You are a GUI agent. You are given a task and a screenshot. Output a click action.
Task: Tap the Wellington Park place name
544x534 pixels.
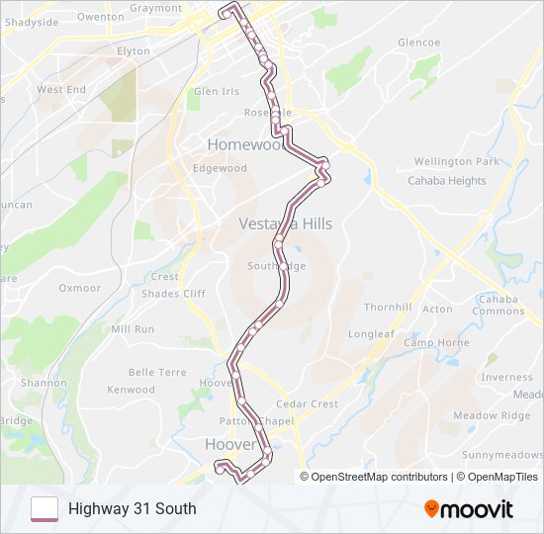click(x=456, y=161)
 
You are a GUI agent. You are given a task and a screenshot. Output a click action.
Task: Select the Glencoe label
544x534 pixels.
click(x=418, y=43)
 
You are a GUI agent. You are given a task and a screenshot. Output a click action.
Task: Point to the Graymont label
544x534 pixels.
click(x=155, y=8)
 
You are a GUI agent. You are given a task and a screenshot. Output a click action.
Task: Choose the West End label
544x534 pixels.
click(x=61, y=89)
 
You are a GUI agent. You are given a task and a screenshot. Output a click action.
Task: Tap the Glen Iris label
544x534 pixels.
click(x=217, y=91)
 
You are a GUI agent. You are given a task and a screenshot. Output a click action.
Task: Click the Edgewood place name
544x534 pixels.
click(x=220, y=168)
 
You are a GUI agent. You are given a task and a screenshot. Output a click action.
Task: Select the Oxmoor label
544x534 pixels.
click(x=80, y=289)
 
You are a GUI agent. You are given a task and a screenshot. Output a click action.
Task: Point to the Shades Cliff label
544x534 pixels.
click(x=173, y=294)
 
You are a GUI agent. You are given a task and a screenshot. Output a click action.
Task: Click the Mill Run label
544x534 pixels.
click(x=133, y=329)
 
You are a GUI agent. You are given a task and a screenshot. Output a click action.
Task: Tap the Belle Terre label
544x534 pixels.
click(x=157, y=373)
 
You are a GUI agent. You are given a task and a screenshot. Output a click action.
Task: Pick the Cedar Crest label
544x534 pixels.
click(x=307, y=403)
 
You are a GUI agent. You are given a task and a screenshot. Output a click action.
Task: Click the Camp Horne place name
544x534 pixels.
click(x=436, y=343)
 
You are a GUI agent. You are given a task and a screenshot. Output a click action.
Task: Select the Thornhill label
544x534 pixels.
click(x=388, y=308)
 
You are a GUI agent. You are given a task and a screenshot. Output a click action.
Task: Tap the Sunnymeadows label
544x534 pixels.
click(x=502, y=455)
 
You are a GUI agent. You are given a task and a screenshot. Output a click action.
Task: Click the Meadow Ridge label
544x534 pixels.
click(x=491, y=415)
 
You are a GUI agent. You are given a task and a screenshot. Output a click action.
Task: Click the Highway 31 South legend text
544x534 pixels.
click(x=133, y=509)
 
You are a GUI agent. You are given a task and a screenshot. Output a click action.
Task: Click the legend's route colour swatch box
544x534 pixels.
click(x=45, y=509)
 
